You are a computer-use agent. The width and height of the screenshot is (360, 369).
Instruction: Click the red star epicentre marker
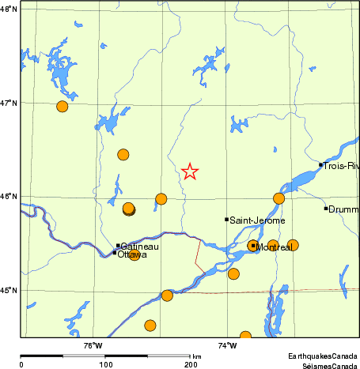pos(190,171)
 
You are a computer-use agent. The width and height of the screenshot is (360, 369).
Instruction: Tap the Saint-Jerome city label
pos(257,220)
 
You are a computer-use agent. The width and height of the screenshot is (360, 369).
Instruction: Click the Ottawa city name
pos(132,254)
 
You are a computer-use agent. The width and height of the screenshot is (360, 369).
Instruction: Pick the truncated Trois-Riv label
pos(341,166)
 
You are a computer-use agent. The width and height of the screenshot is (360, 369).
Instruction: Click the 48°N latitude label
pos(9,10)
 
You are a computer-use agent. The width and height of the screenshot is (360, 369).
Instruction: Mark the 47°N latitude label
pos(9,103)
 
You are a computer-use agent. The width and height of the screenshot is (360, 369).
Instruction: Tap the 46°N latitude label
pos(9,196)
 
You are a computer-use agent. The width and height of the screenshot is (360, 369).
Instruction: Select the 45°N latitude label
pos(9,290)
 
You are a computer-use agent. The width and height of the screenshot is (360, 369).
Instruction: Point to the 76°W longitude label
pos(93,345)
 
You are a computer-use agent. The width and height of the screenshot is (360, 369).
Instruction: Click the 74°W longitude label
pos(227,345)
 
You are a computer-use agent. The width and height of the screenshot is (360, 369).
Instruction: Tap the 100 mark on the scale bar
pos(105,365)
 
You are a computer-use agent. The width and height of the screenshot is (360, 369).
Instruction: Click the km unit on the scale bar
pos(196,357)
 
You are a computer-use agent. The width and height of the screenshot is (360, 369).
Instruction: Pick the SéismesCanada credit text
pos(324,365)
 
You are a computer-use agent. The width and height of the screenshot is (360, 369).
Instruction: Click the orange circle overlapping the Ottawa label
pos(134,254)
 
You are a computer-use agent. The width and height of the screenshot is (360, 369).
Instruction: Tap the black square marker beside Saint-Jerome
pos(226,220)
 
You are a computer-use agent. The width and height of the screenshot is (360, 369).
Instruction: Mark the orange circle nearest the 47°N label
pos(63,107)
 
